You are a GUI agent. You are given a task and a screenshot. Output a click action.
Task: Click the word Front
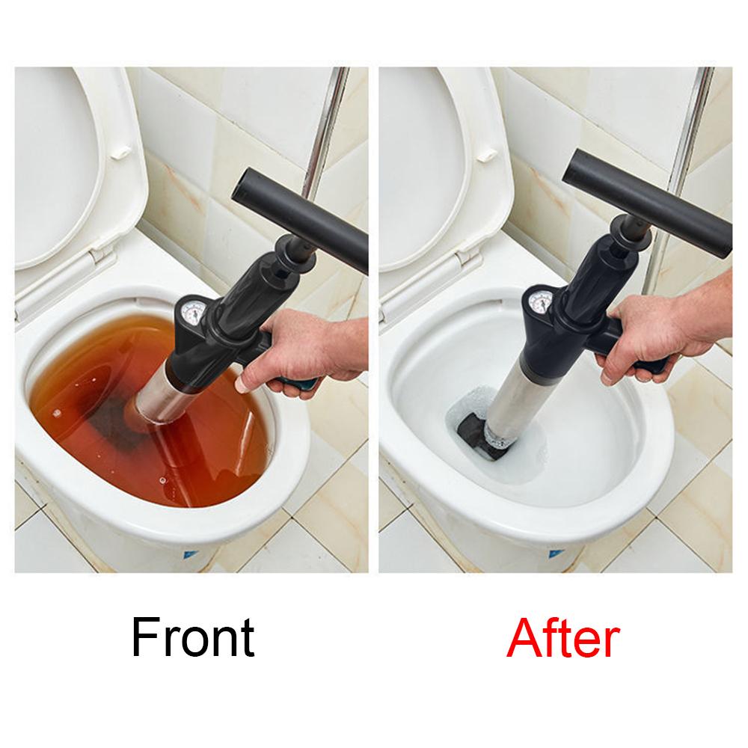[192, 638]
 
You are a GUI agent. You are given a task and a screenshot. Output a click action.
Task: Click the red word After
[562, 638]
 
